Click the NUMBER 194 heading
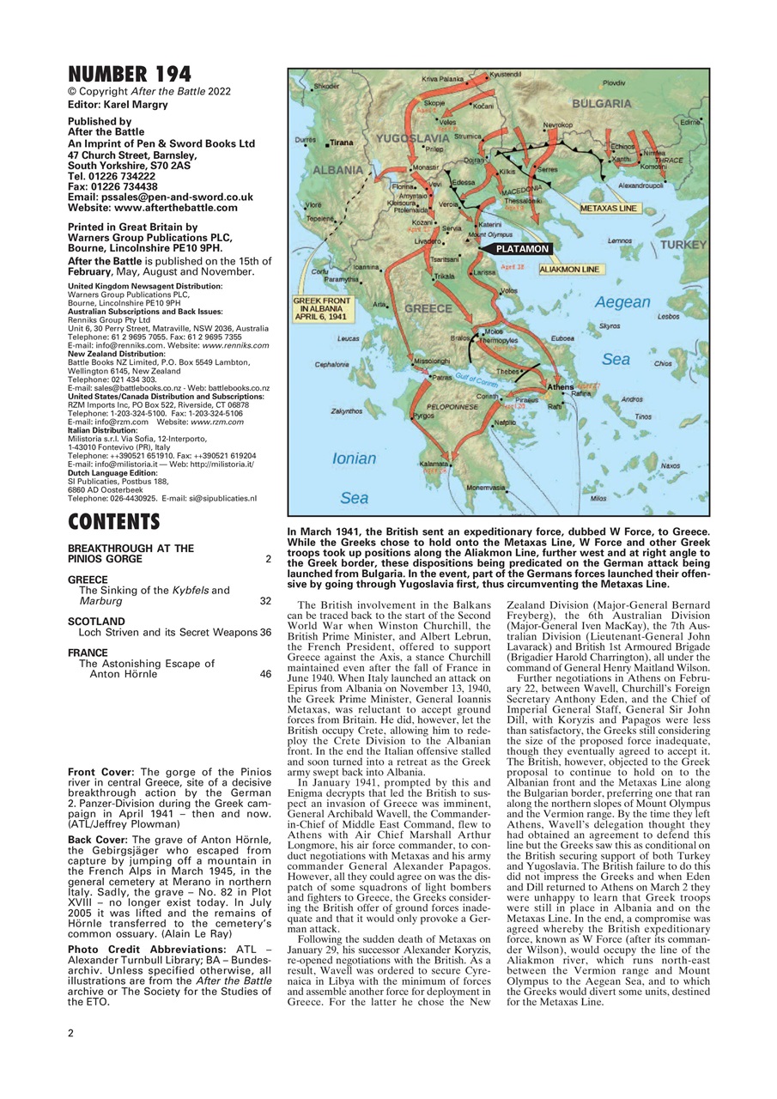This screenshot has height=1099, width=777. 130,75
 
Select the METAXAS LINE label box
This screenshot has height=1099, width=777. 608,209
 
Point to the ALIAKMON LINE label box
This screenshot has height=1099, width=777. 569,269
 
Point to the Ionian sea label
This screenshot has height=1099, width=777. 354,459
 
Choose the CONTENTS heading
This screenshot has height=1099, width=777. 113,522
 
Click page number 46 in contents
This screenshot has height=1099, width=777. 265,675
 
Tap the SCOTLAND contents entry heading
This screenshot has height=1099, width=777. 96,621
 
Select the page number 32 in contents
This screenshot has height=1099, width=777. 265,602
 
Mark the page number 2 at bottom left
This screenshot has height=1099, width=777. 71,1033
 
